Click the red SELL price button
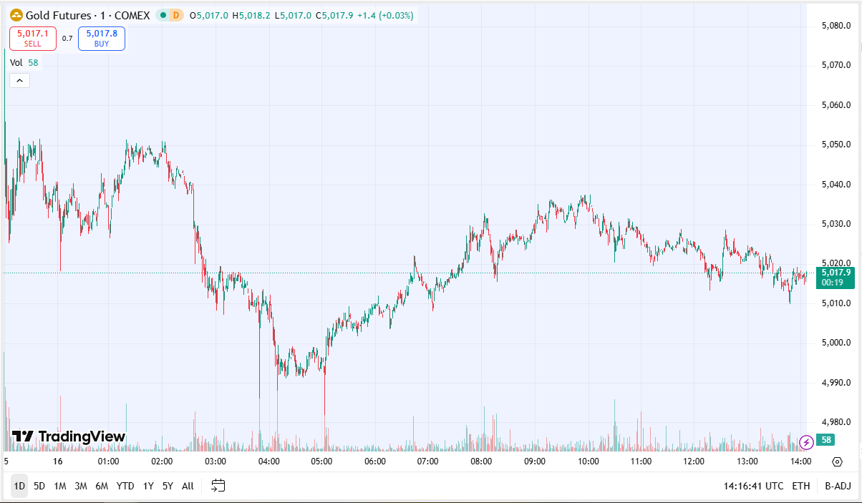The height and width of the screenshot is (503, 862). coord(33,38)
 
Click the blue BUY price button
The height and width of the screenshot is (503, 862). coord(102,38)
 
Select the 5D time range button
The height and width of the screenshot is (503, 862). coord(39,486)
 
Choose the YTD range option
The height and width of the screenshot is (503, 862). coord(125,486)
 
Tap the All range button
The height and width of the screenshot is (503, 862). coord(188,486)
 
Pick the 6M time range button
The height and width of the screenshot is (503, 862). coord(102,486)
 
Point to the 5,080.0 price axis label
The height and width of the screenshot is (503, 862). coord(836,26)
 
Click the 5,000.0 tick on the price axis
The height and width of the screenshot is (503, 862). coord(836,343)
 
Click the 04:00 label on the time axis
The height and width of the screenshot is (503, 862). coord(268,462)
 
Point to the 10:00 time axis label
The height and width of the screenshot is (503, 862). coord(588,462)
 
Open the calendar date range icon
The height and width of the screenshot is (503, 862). coord(218,486)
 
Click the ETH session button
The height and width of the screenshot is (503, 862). coord(801,486)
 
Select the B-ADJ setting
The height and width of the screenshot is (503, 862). coord(837,486)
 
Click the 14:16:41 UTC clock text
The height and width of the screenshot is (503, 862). coord(753,486)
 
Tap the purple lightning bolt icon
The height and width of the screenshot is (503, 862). coord(806,441)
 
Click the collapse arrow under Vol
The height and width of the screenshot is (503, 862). coord(19,81)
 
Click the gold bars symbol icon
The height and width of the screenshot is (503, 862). coord(16,15)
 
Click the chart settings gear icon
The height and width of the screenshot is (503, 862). coord(837,462)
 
